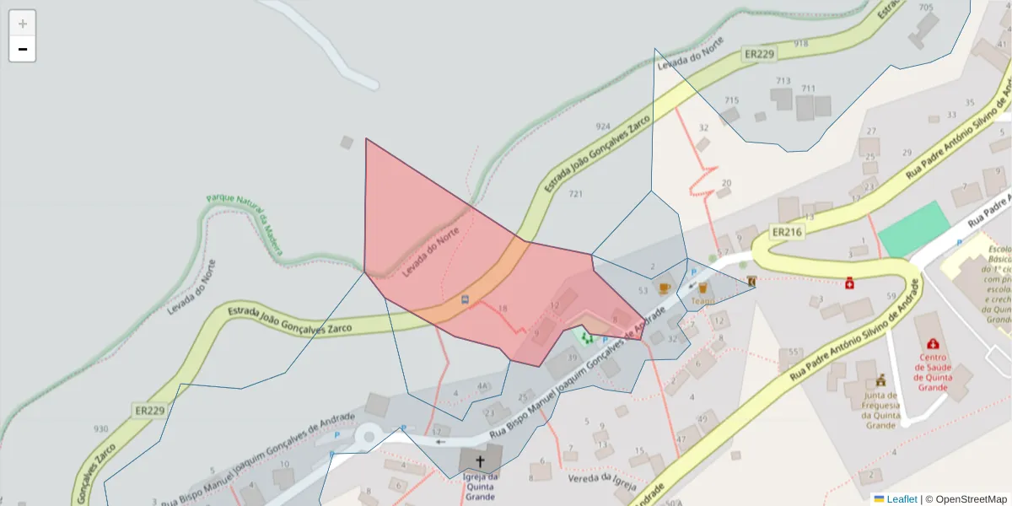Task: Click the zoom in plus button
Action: click(23, 24)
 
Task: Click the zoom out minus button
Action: click(23, 49)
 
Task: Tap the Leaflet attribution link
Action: click(902, 499)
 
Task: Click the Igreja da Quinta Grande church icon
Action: click(480, 461)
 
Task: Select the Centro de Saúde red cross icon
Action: click(933, 344)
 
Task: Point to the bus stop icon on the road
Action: click(465, 299)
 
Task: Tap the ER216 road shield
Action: click(787, 232)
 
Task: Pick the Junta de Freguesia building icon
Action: click(881, 379)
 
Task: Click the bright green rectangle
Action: click(914, 229)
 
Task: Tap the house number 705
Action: click(926, 8)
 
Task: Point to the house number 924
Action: click(603, 126)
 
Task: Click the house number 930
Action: click(101, 429)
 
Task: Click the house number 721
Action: click(576, 194)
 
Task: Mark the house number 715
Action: click(731, 100)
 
